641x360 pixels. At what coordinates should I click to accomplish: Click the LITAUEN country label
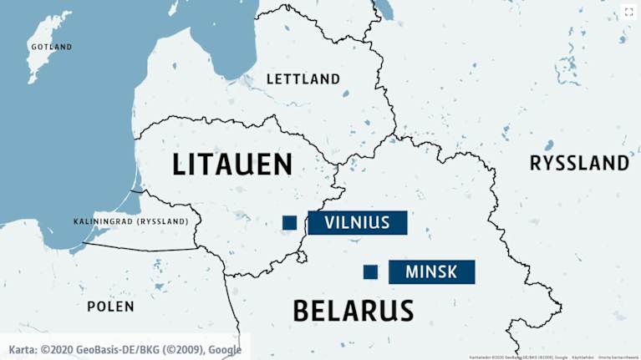pyautogui.click(x=231, y=164)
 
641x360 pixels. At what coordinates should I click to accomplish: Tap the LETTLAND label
pyautogui.click(x=303, y=79)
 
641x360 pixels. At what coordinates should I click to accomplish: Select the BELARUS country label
pyautogui.click(x=353, y=311)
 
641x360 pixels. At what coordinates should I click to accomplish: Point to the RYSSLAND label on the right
pyautogui.click(x=579, y=163)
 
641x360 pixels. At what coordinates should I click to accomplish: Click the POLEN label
pyautogui.click(x=110, y=307)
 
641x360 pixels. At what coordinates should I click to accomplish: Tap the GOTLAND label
pyautogui.click(x=52, y=47)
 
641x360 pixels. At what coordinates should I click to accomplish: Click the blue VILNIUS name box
pyautogui.click(x=358, y=222)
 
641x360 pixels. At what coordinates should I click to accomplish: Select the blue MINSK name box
pyautogui.click(x=431, y=271)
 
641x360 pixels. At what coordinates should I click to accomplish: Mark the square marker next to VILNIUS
pyautogui.click(x=289, y=222)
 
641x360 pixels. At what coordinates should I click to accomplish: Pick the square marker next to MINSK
pyautogui.click(x=370, y=271)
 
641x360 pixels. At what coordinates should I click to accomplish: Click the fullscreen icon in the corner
pyautogui.click(x=628, y=12)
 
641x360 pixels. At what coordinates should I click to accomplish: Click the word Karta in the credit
pyautogui.click(x=22, y=349)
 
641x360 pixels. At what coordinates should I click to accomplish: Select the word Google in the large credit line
pyautogui.click(x=225, y=349)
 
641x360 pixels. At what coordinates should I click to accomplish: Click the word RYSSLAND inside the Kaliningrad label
pyautogui.click(x=171, y=221)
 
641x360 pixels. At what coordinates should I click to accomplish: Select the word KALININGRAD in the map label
pyautogui.click(x=104, y=221)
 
